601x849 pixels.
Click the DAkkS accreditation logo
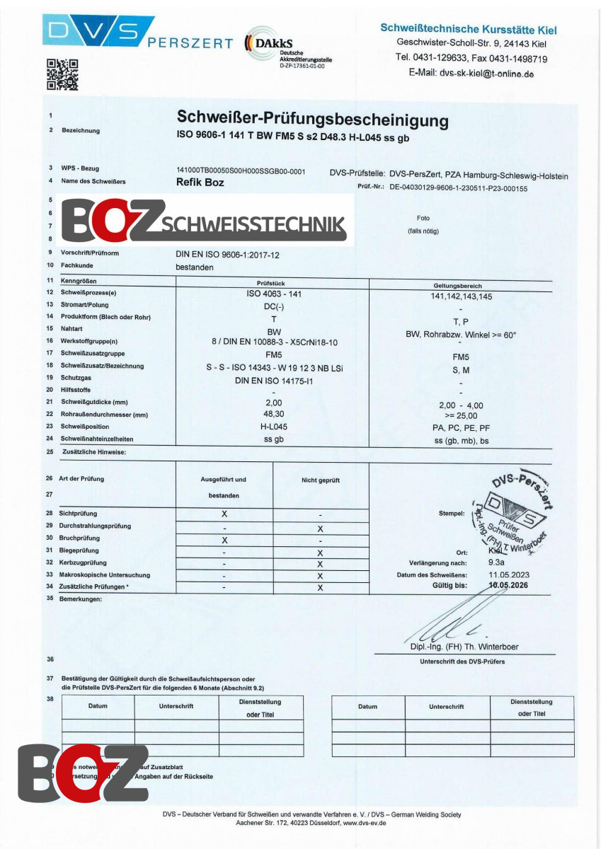pyautogui.click(x=287, y=50)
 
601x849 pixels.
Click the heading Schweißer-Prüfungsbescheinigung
pyautogui.click(x=312, y=120)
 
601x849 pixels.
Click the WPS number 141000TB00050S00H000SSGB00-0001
pyautogui.click(x=240, y=171)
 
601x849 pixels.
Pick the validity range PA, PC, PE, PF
pyautogui.click(x=460, y=429)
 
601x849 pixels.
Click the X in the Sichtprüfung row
pyautogui.click(x=224, y=514)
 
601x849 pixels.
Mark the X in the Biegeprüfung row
pyautogui.click(x=320, y=553)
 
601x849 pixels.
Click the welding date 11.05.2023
pyautogui.click(x=508, y=575)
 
